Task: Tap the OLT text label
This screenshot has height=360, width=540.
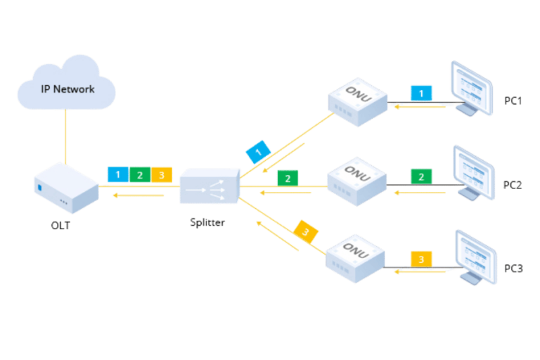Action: (x=60, y=225)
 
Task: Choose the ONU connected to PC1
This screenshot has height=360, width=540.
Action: (x=358, y=102)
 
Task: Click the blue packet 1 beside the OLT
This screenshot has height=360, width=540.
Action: (x=118, y=174)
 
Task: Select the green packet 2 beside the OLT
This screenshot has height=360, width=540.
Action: (x=140, y=174)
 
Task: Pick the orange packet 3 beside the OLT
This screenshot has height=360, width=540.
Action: (x=162, y=174)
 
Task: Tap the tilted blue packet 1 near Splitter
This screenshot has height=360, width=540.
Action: (x=258, y=152)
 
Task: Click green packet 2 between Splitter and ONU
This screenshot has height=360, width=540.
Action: (x=287, y=178)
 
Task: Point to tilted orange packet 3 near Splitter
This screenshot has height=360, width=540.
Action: (x=306, y=231)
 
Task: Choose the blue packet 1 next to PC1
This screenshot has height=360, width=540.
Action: (x=421, y=93)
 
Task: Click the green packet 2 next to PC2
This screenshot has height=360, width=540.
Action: (x=421, y=176)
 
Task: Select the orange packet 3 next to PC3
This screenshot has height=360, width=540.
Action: (x=421, y=259)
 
